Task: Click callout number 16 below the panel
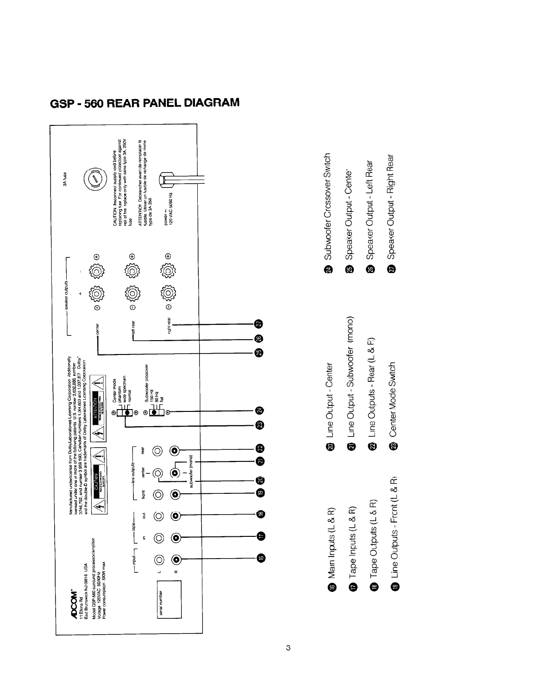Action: (259, 558)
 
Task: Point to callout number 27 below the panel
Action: (259, 323)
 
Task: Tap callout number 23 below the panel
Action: (259, 425)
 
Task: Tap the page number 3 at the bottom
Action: (288, 647)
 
